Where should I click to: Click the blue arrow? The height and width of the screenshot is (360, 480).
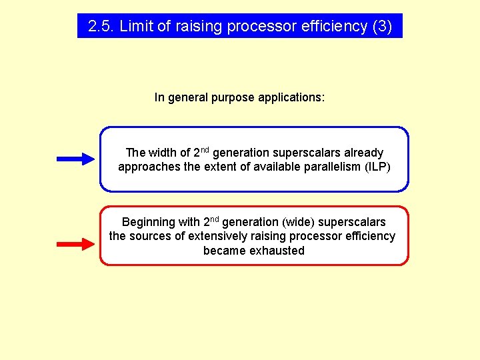pyautogui.click(x=76, y=159)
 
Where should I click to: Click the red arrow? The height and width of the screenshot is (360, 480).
pyautogui.click(x=76, y=245)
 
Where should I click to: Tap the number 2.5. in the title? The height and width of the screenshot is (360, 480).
pyautogui.click(x=101, y=26)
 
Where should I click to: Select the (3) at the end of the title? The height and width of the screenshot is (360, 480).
pyautogui.click(x=382, y=26)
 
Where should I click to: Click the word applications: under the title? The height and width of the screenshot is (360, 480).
pyautogui.click(x=291, y=97)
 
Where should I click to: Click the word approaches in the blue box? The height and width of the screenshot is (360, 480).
pyautogui.click(x=149, y=167)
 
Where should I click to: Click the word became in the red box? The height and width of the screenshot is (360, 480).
pyautogui.click(x=225, y=251)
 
